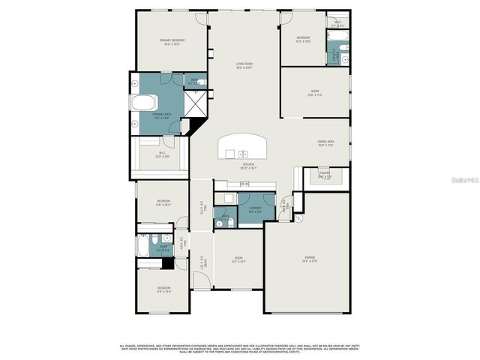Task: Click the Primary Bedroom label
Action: point(172,42)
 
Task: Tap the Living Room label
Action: point(243,67)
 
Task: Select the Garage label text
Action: point(308,259)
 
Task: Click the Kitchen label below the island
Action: point(247,166)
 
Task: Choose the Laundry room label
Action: point(255,211)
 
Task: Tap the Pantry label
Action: point(325,175)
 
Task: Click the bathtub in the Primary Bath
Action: point(145,103)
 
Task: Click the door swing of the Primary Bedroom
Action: point(199,20)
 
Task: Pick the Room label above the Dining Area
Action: point(315,93)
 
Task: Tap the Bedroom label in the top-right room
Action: point(303,39)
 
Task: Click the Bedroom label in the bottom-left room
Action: point(163,289)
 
